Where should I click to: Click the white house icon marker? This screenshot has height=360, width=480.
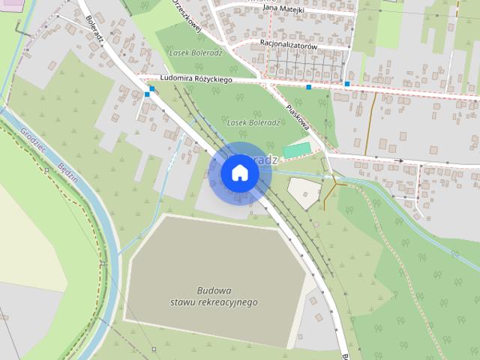240,172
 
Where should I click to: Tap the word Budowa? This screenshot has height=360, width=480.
214,290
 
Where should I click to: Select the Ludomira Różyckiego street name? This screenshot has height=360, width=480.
196,79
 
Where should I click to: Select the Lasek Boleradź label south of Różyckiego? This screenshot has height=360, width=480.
253,121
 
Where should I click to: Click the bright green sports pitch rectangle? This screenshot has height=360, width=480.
295,149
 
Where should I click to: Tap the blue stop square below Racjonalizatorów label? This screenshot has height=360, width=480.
309,87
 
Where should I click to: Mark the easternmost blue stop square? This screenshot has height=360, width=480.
347,83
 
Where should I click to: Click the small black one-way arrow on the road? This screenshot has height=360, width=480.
400,160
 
